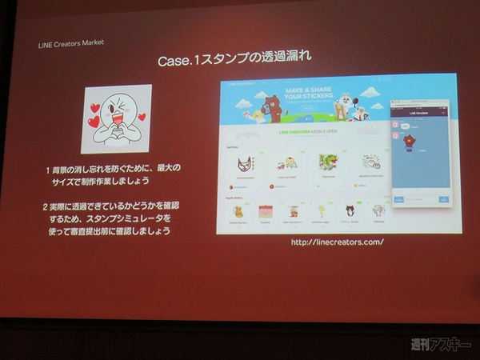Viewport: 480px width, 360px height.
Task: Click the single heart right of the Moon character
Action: pyautogui.click(x=142, y=117)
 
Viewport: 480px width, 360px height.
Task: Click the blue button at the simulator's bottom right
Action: pyautogui.click(x=443, y=198)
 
